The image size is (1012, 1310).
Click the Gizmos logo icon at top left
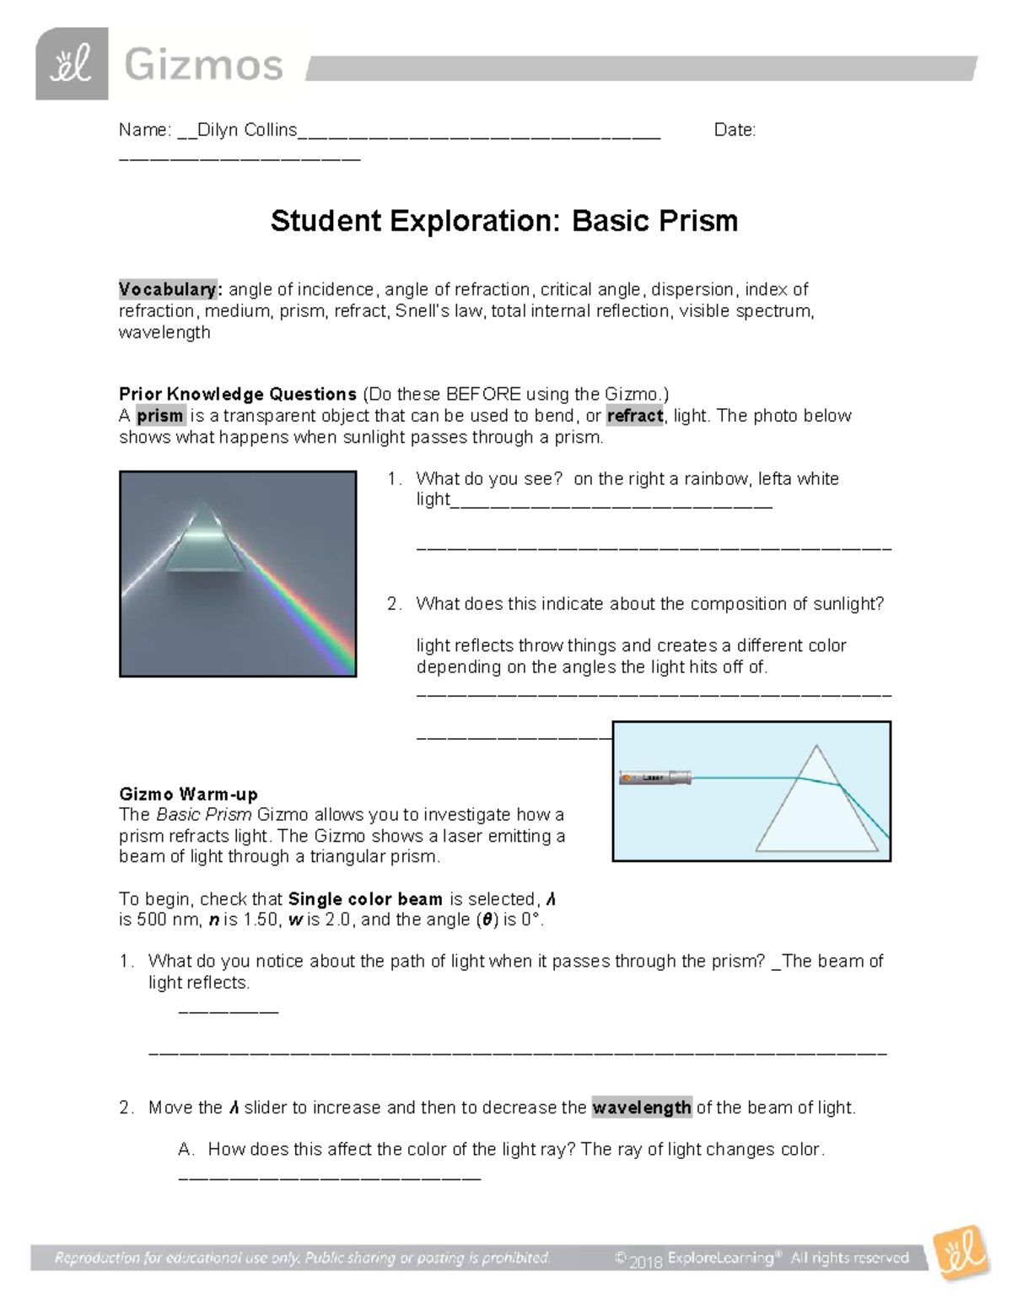click(x=72, y=64)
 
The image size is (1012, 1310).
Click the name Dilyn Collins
click(x=247, y=130)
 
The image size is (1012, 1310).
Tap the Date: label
click(x=735, y=130)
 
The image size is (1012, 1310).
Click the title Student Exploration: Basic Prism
click(x=504, y=221)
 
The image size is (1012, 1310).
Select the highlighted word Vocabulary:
click(x=170, y=289)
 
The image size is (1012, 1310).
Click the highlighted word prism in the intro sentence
click(x=160, y=416)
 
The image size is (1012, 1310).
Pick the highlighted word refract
click(x=634, y=416)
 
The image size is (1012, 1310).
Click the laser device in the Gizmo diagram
click(x=655, y=778)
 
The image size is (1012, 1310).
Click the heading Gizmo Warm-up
click(x=188, y=794)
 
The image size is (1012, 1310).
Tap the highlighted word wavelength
click(x=642, y=1108)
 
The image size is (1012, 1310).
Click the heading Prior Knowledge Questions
click(x=238, y=394)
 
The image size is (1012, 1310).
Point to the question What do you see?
click(x=489, y=479)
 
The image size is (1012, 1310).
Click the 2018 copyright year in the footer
click(x=646, y=1260)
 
